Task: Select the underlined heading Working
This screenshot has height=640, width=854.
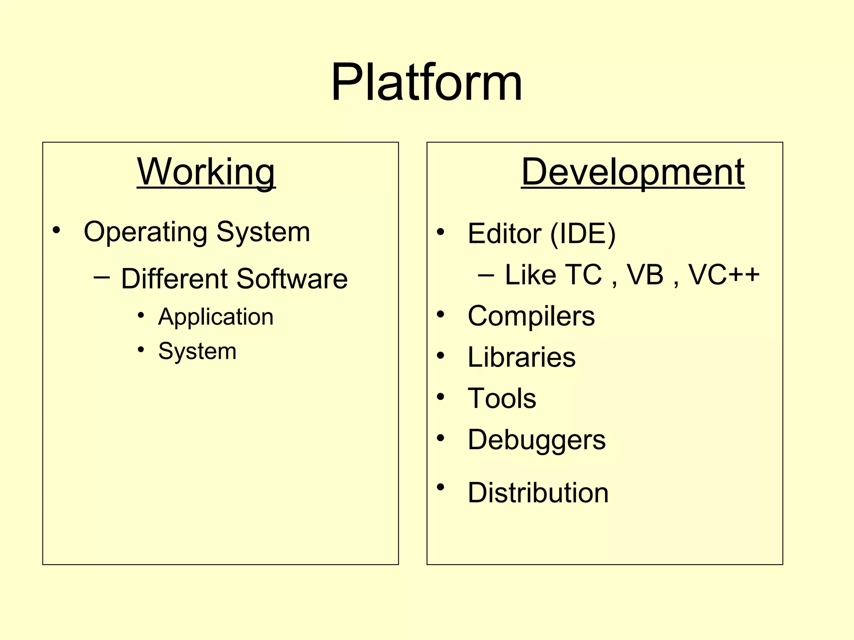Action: coord(206,172)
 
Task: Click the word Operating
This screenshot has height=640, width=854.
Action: coord(145,232)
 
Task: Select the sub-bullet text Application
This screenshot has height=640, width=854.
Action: coord(216,317)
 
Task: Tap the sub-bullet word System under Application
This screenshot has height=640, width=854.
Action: coord(197,351)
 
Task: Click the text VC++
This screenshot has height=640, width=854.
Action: coord(723,275)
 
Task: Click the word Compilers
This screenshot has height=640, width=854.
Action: coord(531,316)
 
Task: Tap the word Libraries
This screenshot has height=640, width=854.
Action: coord(521,357)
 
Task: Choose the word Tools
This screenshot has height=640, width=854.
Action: coord(502,398)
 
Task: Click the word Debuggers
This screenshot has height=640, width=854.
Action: coord(536,440)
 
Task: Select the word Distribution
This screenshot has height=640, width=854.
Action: coord(538,492)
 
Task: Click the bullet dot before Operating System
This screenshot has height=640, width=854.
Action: coord(56,230)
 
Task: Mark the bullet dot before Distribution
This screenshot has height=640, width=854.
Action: coord(440,487)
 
